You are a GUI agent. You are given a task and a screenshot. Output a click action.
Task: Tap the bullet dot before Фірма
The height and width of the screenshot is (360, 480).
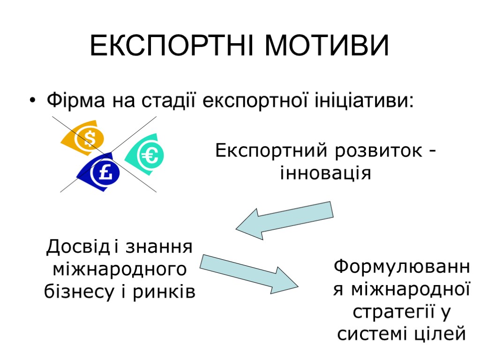tap(32, 101)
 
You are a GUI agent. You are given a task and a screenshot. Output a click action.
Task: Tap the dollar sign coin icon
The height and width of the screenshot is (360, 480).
tap(89, 138)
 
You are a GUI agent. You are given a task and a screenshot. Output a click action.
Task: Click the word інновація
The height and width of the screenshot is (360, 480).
tap(325, 173)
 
